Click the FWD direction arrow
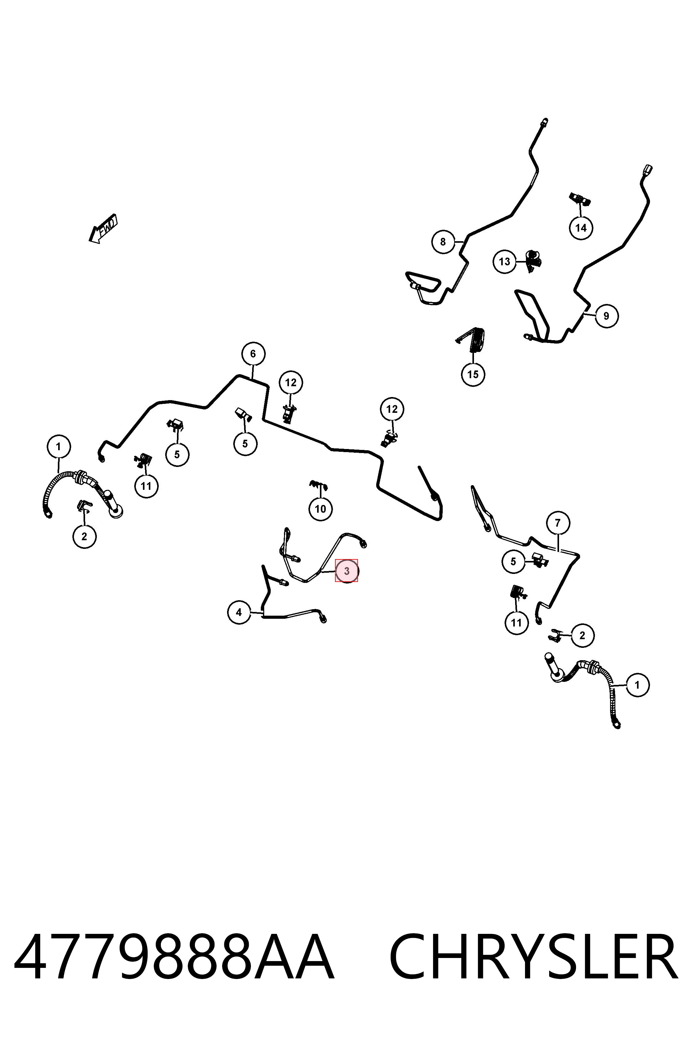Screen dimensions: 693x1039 [103, 229]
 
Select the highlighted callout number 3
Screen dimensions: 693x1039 [346, 571]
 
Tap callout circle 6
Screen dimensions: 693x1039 [253, 353]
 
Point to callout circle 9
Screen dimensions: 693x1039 [606, 316]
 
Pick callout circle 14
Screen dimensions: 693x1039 [581, 228]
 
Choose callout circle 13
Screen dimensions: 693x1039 [504, 262]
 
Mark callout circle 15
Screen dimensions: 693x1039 [473, 374]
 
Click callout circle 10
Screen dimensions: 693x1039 [321, 509]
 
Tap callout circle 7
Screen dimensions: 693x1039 [558, 523]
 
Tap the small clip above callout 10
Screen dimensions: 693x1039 [319, 485]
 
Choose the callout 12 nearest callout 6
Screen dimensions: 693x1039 [291, 383]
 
